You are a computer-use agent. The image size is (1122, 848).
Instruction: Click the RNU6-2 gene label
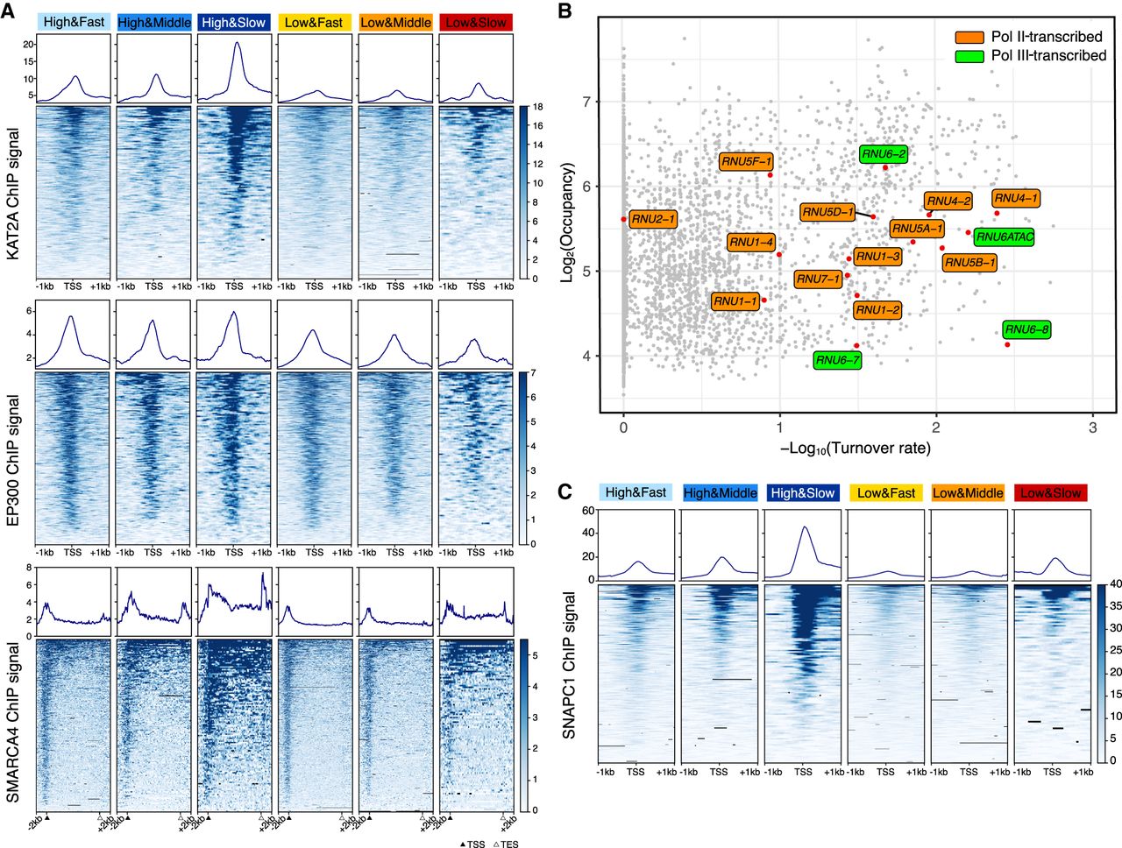point(884,154)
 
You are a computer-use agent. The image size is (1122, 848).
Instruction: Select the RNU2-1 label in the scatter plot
point(654,219)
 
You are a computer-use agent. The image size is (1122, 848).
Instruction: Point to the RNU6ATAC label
point(1005,237)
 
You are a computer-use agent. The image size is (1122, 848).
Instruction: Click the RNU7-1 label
point(818,279)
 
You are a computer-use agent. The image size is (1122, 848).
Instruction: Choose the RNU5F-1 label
point(746,161)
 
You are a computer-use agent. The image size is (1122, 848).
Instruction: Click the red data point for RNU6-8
point(1007,344)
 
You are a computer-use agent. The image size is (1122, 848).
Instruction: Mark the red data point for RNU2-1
point(623,219)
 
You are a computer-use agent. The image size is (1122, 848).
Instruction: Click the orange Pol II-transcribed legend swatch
point(969,37)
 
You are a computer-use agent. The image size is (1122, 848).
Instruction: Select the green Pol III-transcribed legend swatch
point(969,55)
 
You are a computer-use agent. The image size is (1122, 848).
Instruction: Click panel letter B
point(565,11)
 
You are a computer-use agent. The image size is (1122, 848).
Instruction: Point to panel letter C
point(566,491)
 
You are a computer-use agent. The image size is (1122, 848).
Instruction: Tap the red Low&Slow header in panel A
point(476,22)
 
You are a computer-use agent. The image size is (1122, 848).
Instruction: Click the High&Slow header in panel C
point(802,493)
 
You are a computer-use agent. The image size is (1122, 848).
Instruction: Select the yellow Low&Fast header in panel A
point(314,22)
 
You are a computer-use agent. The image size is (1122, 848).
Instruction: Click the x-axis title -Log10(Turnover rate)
point(856,449)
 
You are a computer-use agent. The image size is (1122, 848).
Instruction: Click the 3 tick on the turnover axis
point(1092,428)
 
